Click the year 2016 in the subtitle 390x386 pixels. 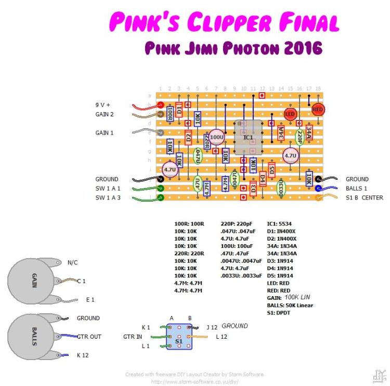[x=301, y=48]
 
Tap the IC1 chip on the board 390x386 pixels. [x=249, y=137]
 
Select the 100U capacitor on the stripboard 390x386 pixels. [x=217, y=137]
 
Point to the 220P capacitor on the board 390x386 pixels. [x=300, y=137]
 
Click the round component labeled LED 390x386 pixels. [x=290, y=114]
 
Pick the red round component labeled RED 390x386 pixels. [x=318, y=110]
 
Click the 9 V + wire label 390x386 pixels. [x=103, y=105]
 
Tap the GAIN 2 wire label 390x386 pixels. [x=105, y=114]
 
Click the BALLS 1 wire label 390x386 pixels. [x=357, y=189]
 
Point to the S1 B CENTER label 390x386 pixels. [x=365, y=198]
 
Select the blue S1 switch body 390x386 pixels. [x=179, y=336]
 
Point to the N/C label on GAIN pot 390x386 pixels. [x=72, y=262]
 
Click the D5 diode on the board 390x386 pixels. [x=271, y=169]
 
